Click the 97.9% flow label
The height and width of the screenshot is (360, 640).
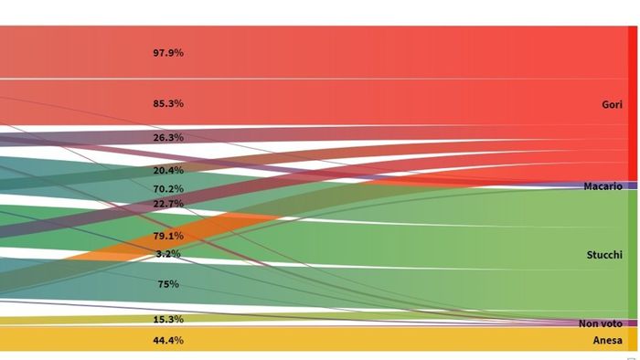[x=168, y=53]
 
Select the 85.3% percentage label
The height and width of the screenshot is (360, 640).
[x=168, y=103]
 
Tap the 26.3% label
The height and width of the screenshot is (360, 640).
[x=168, y=137]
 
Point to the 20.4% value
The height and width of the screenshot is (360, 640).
[x=168, y=170]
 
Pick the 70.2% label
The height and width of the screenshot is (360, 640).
[x=168, y=188]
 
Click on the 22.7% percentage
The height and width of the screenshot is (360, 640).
[x=168, y=203]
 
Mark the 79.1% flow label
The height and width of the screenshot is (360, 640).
[x=168, y=236]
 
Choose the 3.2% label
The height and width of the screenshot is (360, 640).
[x=168, y=253]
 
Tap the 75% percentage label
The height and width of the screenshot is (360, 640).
[x=168, y=284]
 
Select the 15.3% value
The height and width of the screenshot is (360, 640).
[x=168, y=319]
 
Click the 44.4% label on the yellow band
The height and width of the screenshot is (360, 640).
[x=168, y=340]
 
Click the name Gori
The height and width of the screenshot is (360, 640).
[x=612, y=105]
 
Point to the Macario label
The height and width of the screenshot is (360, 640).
[x=603, y=186]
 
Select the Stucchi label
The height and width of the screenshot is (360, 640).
[x=604, y=255]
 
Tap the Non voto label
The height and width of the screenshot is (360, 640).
[x=600, y=323]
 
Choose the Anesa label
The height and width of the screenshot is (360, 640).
[x=607, y=340]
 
